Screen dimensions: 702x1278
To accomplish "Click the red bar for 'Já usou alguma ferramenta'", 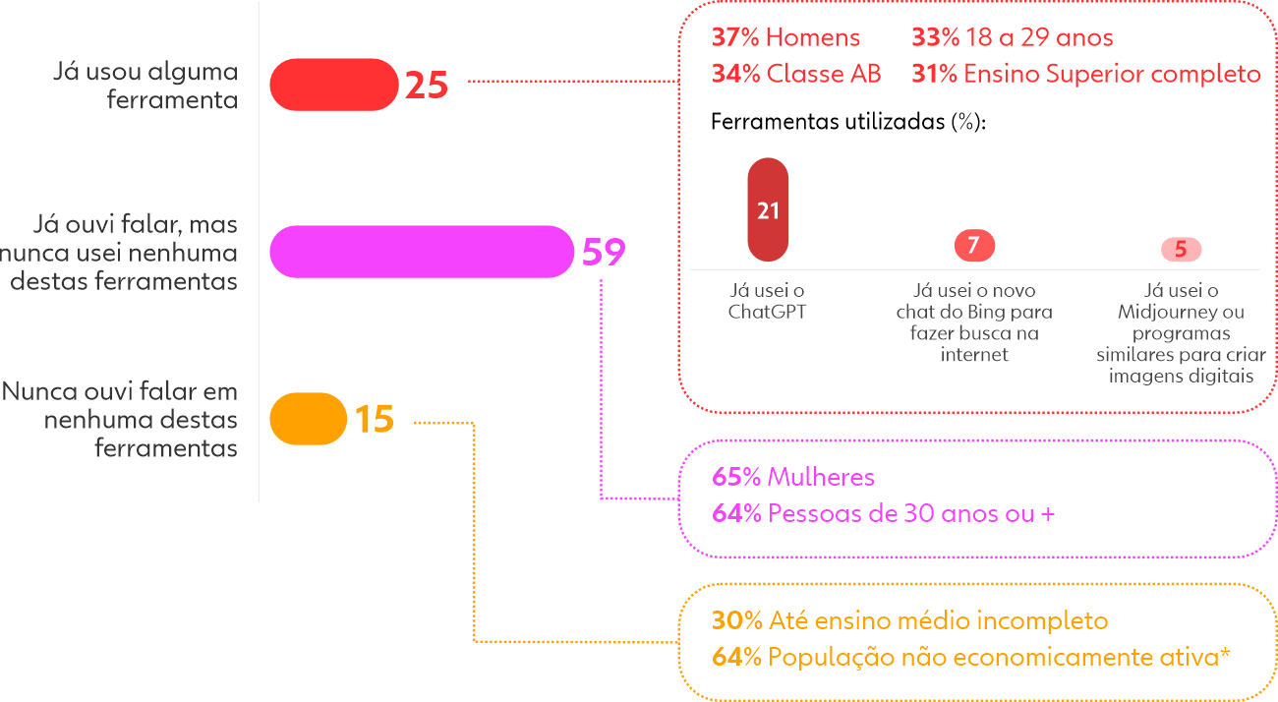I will [x=332, y=85].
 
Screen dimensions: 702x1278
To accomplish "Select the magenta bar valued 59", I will [x=421, y=252].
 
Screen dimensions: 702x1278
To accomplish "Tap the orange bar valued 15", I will [x=308, y=419].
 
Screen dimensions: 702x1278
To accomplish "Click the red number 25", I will [x=427, y=86].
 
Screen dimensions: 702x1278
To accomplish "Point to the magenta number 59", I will [x=604, y=253].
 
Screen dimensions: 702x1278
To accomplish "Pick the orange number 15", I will [x=374, y=420].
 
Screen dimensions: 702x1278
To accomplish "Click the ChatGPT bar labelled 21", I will [x=768, y=210].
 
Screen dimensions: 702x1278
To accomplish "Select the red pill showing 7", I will [x=973, y=246].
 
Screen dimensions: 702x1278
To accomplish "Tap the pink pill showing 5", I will [x=1181, y=250].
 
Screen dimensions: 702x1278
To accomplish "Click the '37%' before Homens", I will [x=735, y=38].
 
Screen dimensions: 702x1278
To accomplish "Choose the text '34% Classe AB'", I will [x=796, y=74].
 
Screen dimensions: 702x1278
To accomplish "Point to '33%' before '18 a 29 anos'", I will [x=935, y=38].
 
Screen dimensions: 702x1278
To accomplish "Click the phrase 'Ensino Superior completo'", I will [x=1112, y=74].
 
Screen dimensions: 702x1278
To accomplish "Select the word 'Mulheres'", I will [x=821, y=478].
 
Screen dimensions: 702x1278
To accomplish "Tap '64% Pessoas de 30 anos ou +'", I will [x=883, y=513].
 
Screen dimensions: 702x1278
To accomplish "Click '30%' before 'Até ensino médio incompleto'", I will [x=736, y=621].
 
